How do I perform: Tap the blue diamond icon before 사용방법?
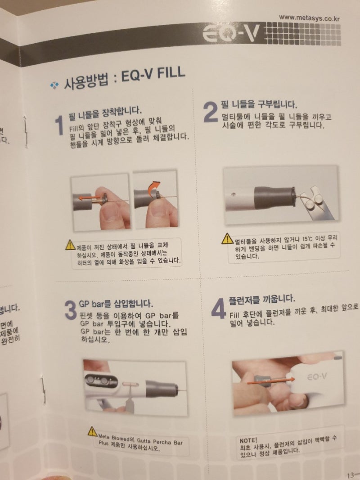coord(54,85)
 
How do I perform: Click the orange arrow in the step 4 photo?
coord(270,381)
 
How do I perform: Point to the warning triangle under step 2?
coord(228,239)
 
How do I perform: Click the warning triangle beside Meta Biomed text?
coord(92,431)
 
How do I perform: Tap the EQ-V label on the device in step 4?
coord(318,376)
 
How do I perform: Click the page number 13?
coord(351,475)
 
